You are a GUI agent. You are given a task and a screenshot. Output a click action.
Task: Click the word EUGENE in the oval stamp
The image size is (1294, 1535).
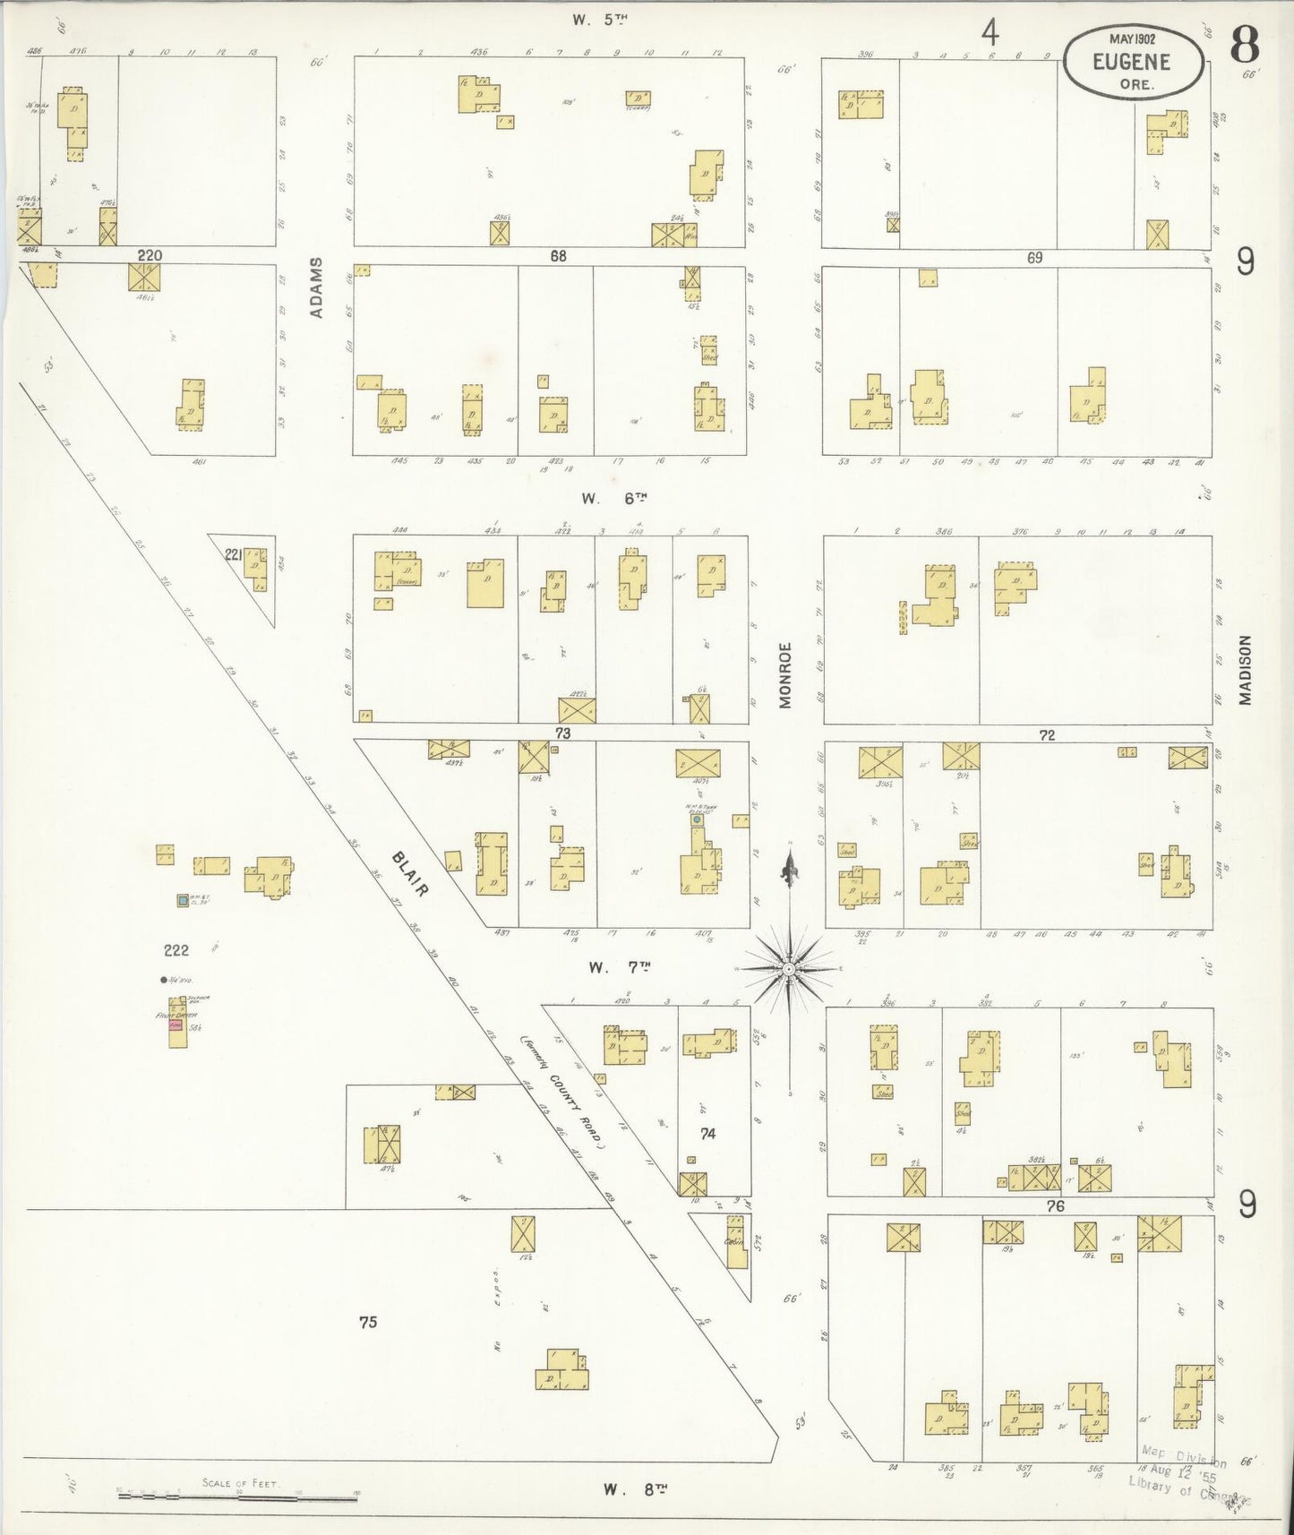pos(1132,62)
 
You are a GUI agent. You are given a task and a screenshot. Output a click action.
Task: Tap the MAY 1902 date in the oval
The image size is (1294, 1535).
pos(1132,39)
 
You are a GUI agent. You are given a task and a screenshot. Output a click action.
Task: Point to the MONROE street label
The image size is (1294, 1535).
pos(785,675)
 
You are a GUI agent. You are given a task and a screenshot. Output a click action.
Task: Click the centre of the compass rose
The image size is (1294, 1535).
pos(788,969)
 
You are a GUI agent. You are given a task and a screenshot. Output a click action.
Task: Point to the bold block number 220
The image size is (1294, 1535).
pos(150,255)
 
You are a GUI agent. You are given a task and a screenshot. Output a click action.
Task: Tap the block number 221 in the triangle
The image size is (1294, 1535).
pos(234,555)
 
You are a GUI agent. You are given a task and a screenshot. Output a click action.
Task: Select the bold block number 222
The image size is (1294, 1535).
pos(176,950)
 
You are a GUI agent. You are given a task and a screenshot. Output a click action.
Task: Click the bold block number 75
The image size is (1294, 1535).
pos(368,1322)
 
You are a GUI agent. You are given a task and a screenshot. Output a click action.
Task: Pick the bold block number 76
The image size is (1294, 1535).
pos(1056,1206)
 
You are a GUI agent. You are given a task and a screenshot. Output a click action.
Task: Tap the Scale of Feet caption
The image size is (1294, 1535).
pos(241,1483)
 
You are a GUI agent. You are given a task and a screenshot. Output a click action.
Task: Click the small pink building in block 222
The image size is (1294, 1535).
pos(176,1025)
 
